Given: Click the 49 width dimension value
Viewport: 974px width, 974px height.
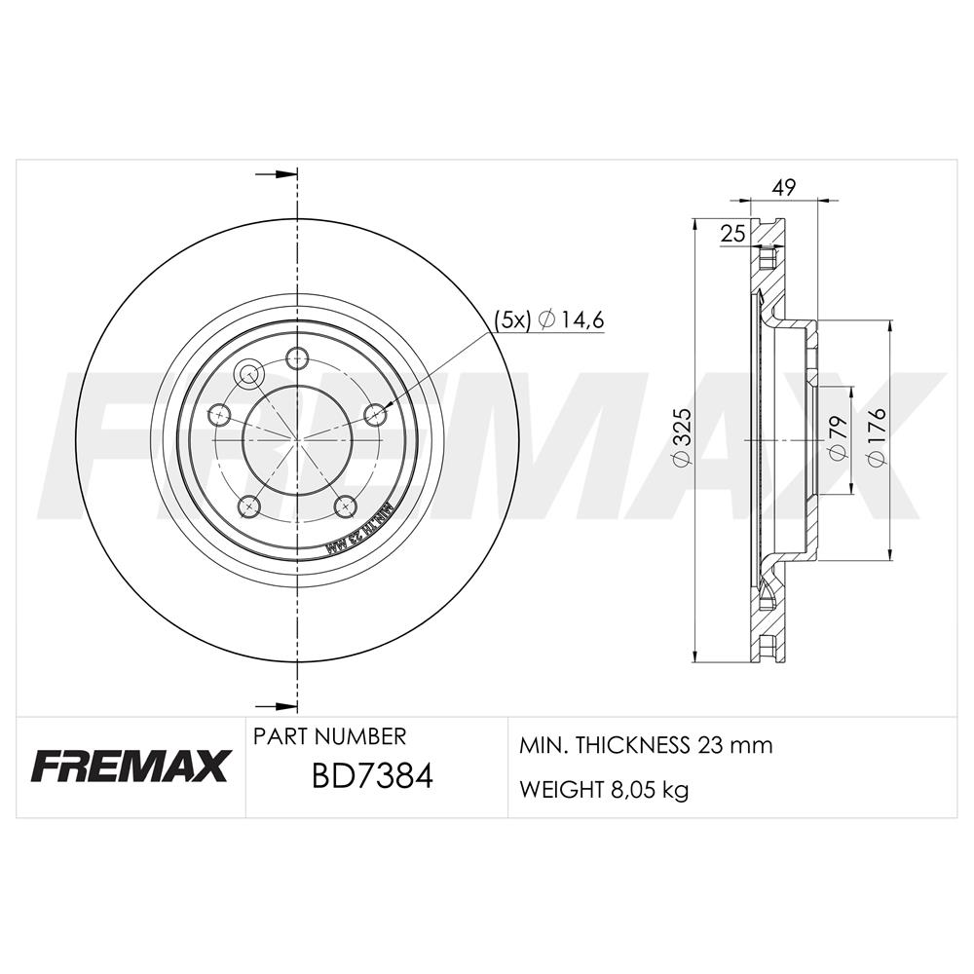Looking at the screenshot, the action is coord(785,187).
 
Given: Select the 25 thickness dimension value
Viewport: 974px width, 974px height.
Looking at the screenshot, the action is coord(733,234).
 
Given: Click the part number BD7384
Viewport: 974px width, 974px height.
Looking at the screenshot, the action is coord(372,776).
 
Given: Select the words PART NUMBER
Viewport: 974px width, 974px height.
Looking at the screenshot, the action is coord(329,736).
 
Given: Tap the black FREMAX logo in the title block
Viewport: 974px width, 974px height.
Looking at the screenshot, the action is coord(130,765).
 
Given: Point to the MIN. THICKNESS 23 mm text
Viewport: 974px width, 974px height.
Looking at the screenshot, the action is coord(646,745).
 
